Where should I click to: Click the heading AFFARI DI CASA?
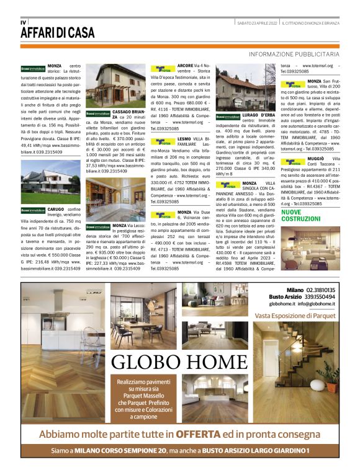coord(58,32)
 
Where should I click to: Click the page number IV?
coord(23,22)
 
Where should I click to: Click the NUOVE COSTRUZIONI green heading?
coord(301,216)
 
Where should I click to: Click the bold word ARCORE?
coord(185,65)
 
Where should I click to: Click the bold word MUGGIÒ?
coord(314,159)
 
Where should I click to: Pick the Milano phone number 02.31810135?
coord(320,290)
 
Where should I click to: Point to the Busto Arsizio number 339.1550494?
coord(320,296)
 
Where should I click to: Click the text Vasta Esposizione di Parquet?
coord(295,316)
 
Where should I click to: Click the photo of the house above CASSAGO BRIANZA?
coord(111,85)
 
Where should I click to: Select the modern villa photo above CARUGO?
coord(50,182)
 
